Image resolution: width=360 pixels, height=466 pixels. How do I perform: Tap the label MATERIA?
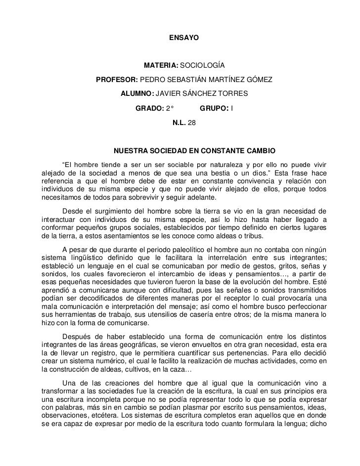[x=161, y=66]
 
